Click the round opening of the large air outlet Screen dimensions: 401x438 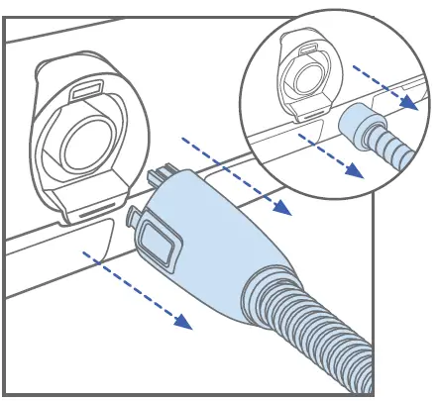88,140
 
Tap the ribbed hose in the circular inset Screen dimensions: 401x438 391,149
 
